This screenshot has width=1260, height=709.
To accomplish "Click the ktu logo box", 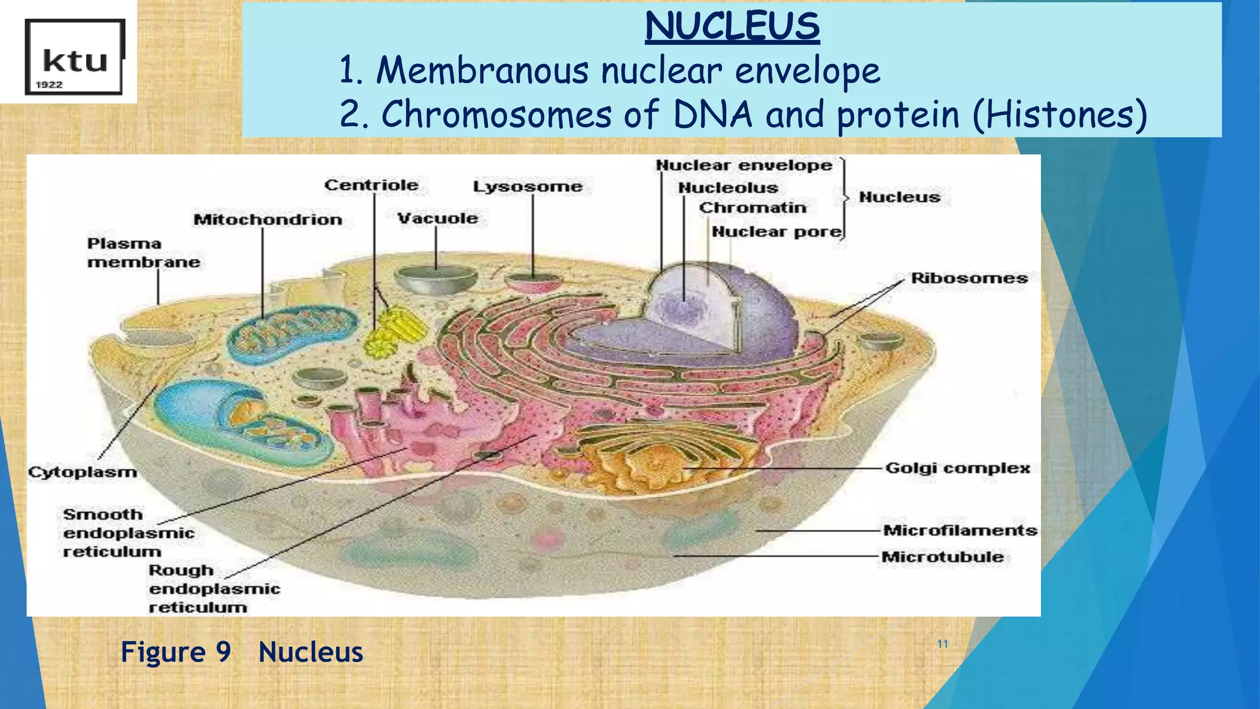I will tap(74, 57).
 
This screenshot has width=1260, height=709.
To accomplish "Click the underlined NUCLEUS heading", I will tap(732, 27).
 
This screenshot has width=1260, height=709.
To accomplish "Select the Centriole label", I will tap(371, 185).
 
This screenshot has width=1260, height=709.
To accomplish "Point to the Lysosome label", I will tap(527, 186).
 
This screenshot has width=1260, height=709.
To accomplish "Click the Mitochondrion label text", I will tap(268, 220).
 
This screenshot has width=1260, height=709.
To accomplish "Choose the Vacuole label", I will tap(437, 218).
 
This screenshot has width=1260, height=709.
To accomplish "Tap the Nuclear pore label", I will tap(776, 232).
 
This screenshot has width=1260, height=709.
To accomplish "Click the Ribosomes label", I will tap(969, 278).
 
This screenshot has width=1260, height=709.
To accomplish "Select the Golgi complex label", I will tap(957, 468).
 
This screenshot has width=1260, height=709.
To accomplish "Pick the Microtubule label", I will tap(942, 557).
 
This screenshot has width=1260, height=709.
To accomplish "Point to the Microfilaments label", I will tap(960, 531).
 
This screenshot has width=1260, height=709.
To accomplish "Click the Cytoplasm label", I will tap(82, 472).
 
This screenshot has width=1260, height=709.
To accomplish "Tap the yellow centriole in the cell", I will tap(394, 332).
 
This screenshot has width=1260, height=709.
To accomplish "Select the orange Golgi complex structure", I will tap(652, 468).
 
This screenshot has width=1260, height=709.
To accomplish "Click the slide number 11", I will tap(943, 644).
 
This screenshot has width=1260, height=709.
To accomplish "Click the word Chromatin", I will tap(752, 208).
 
